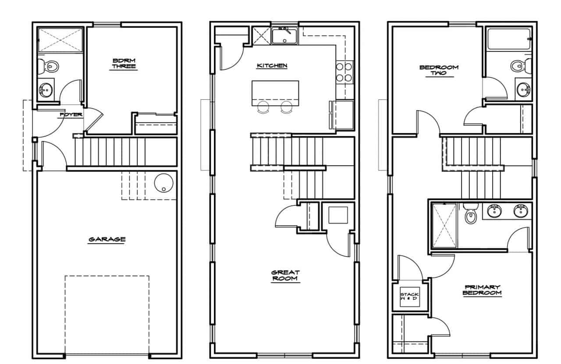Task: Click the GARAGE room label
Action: pos(107,239)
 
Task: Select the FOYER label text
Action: pos(71,115)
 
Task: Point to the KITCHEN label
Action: pos(272,65)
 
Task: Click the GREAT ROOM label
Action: pos(285,275)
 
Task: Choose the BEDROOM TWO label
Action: pos(439,70)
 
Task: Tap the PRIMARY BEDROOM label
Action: pos(482,290)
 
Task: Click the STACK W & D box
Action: pos(409,296)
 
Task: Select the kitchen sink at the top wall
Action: pos(284,36)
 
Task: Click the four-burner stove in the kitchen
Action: pos(344,72)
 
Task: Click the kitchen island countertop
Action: pos(275,93)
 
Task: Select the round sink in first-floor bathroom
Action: pos(46,90)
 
